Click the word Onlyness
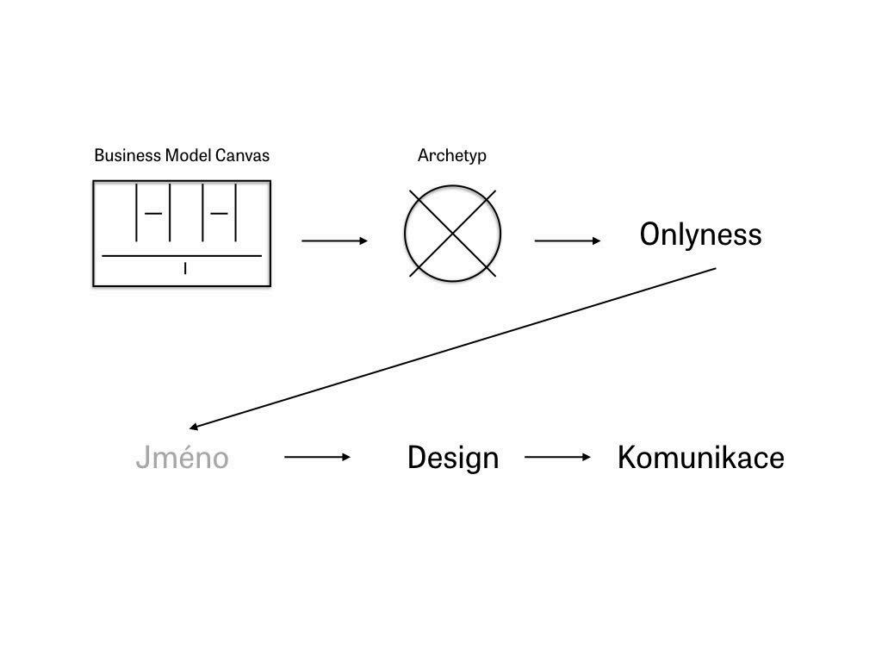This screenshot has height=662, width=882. pos(700,234)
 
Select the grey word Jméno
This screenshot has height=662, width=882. pos(182,457)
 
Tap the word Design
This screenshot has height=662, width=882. pos(452,457)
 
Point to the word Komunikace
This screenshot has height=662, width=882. pos(700,457)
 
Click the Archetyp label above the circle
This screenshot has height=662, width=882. pos(451,156)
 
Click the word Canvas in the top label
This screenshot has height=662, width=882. pos(245,156)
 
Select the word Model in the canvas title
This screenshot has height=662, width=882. pos(192,156)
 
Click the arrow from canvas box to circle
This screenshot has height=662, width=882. pos(334,240)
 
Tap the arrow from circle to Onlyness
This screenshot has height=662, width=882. pos(568,240)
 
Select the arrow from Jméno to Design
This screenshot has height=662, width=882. pos(317,457)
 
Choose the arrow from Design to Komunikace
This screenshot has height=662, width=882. pos(557,457)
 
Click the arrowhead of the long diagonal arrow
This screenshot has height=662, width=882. pos(195,427)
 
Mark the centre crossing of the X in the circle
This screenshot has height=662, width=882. pos(452,233)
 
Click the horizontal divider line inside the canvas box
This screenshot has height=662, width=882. pos(182,256)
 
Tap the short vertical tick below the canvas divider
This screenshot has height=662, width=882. pos(185,269)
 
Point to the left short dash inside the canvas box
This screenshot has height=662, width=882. pos(153,213)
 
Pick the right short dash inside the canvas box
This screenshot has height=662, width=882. pos(219,213)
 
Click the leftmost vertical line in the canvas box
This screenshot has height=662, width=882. pos(137,211)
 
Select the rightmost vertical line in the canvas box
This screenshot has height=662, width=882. pos(235,211)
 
